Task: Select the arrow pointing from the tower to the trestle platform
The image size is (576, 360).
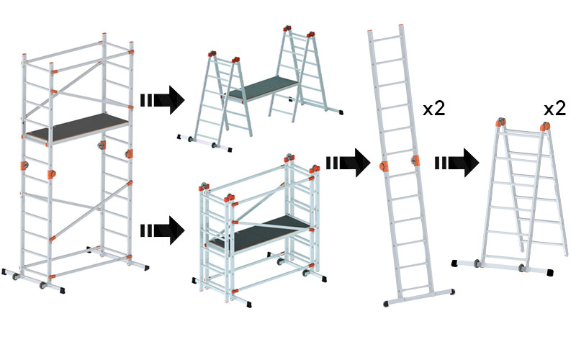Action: point(163,99)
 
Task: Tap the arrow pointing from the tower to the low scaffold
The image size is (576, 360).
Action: point(163,230)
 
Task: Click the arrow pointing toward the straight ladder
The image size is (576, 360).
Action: point(348,163)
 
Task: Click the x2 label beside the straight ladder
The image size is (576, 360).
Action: point(434,109)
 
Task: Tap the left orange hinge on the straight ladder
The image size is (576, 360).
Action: point(383,165)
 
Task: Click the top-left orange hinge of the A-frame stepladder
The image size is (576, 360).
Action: point(499,125)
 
